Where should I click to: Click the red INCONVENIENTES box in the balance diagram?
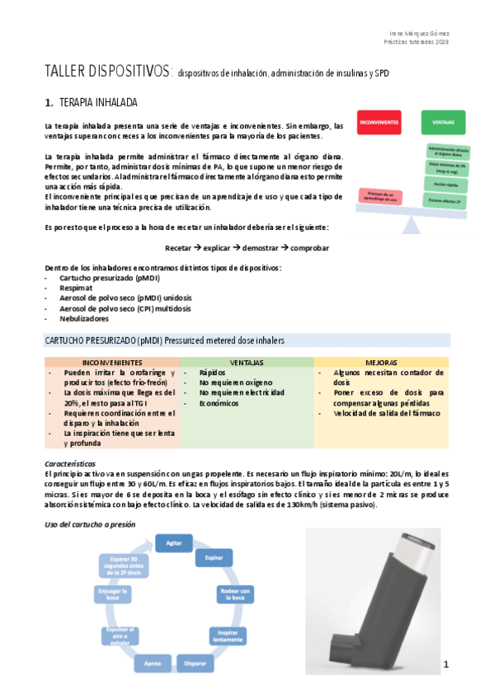coord(379,121)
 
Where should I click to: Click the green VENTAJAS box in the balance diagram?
coord(443,121)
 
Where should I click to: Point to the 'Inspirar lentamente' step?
coord(227,636)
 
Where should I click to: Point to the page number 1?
coord(445,664)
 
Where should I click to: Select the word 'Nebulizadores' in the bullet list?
coord(84,318)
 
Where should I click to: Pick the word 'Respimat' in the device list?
coord(76,289)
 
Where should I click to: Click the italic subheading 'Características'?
coord(70,464)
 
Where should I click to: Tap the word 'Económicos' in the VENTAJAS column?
coord(218,403)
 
